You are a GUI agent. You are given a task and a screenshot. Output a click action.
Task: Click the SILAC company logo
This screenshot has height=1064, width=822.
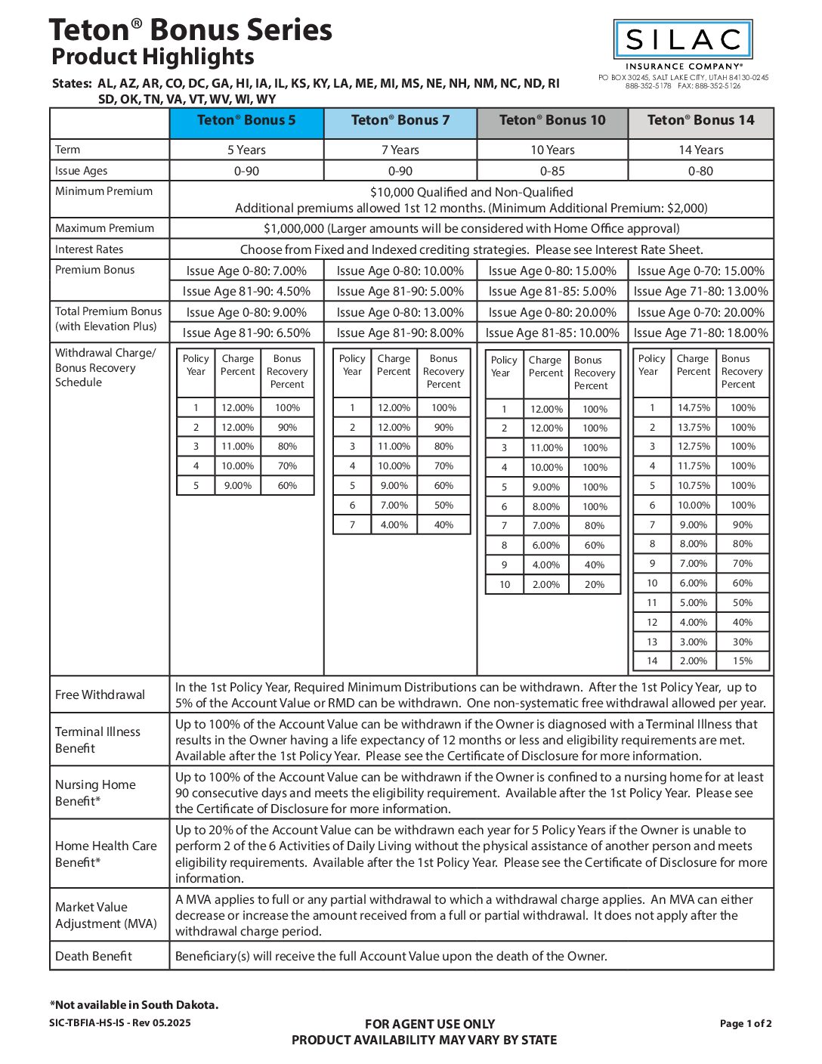683,40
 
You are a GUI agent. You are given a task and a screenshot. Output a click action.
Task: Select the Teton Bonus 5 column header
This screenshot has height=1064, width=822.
246,121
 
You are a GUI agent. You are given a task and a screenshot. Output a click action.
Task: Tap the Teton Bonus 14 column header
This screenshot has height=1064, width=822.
700,121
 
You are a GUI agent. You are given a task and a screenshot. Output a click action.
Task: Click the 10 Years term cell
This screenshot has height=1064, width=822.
552,150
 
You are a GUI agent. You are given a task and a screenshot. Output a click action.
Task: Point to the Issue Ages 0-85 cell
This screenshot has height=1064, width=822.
552,172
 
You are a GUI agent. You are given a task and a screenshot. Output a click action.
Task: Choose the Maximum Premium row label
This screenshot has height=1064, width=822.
104,228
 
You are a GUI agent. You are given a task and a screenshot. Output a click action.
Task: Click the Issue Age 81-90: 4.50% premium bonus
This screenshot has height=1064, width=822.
246,292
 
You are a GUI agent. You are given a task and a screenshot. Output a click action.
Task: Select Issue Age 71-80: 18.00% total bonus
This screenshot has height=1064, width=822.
700,333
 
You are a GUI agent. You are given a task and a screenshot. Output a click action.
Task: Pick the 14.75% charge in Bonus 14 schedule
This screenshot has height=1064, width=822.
694,408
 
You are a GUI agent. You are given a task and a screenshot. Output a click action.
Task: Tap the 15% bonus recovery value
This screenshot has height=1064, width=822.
743,661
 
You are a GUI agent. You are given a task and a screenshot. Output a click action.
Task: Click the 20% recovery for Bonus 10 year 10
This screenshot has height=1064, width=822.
595,585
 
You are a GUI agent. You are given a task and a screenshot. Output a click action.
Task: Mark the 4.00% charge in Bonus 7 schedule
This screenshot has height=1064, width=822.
394,525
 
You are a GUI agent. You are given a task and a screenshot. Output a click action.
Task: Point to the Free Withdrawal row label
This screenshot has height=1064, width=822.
100,695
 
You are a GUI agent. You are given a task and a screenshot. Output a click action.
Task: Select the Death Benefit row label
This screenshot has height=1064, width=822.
94,957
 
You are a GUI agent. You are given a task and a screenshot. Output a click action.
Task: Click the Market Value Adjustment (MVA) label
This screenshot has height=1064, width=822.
106,916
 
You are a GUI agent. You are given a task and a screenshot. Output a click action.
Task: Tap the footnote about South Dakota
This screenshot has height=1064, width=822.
134,1005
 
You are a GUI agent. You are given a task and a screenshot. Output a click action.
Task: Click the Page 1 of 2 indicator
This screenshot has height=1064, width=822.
745,1024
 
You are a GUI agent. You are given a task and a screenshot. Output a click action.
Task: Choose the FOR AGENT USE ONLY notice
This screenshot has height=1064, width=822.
429,1025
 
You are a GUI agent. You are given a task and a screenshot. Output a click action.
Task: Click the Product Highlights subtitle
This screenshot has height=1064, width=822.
153,57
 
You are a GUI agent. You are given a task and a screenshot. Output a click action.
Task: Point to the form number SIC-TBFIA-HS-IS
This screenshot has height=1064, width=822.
119,1023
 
